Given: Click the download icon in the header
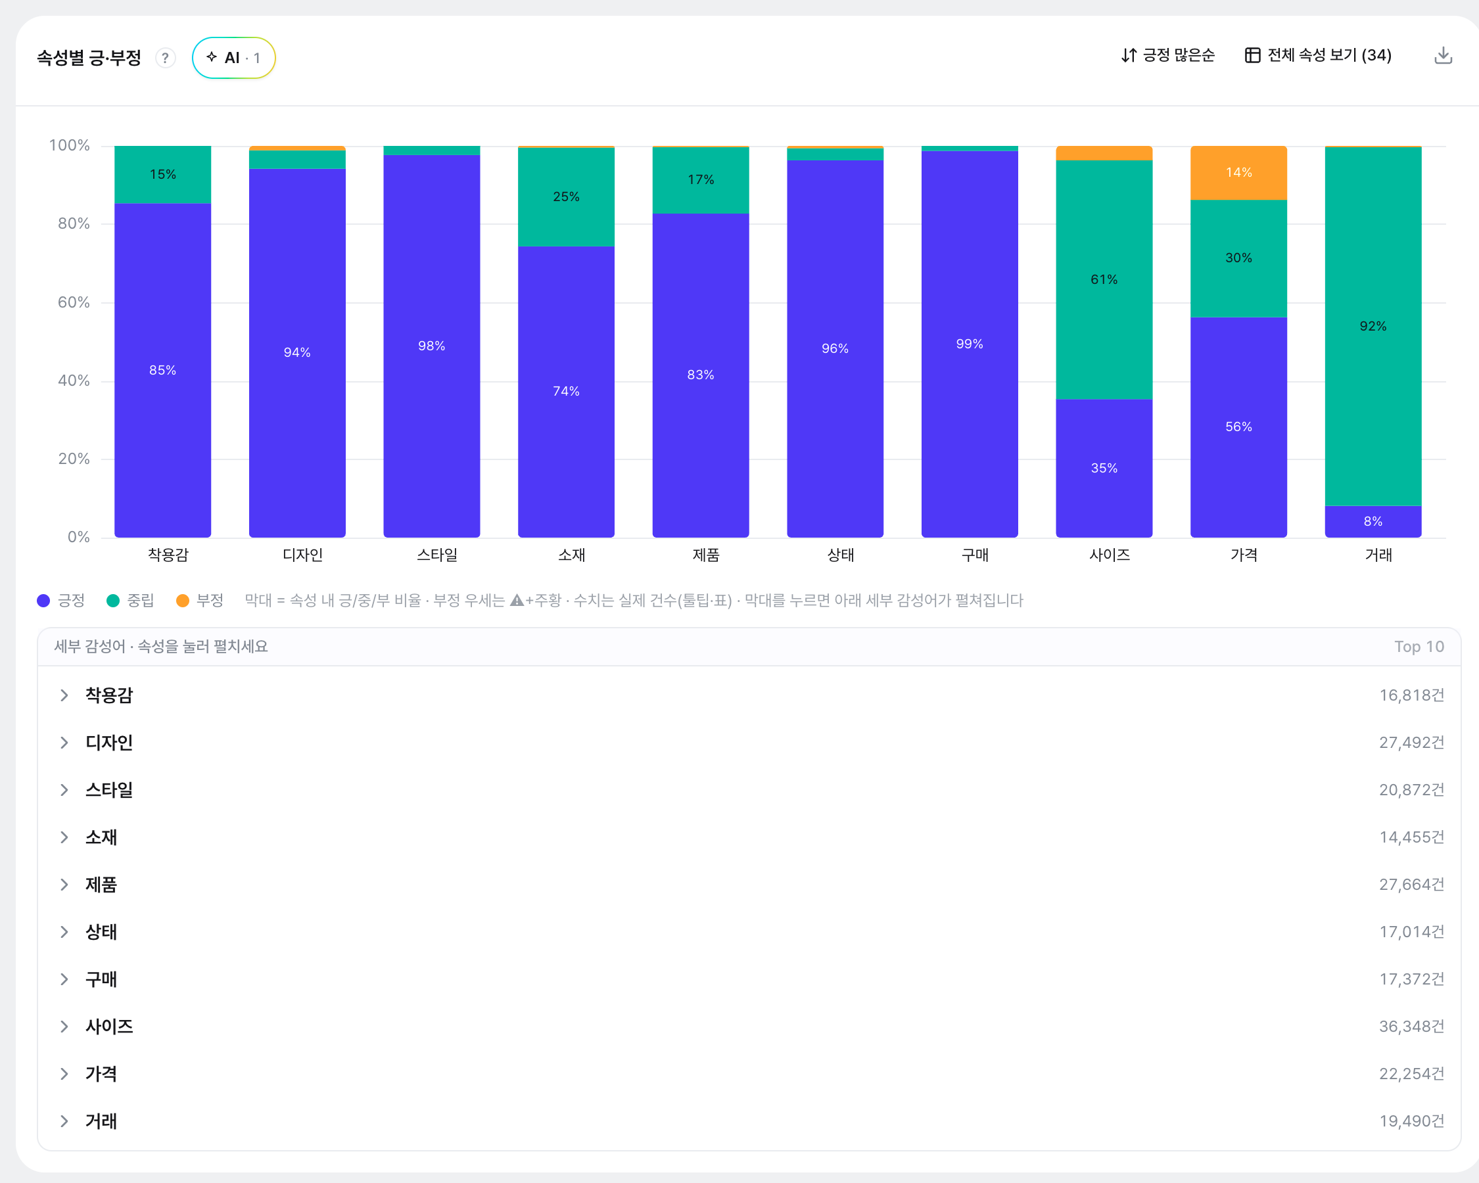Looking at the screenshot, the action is point(1444,56).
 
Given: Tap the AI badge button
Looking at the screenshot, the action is point(233,58).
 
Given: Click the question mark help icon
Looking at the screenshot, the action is point(166,58).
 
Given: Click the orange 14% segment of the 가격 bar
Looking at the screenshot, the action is point(1238,173).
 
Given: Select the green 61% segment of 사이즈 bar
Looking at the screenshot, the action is point(1104,280).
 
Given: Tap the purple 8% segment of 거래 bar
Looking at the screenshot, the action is point(1373,521).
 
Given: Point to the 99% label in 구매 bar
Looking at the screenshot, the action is point(970,344).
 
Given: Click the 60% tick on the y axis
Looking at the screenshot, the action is point(74,302).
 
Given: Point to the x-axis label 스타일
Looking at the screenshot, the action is point(437,555).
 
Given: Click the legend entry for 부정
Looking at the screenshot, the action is point(200,601).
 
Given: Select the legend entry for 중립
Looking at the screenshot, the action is point(130,601).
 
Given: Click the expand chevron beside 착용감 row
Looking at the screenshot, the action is point(64,695).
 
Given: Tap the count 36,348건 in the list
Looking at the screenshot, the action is point(1411,1027).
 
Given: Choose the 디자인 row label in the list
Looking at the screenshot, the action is point(109,743).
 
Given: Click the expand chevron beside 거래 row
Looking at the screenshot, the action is point(64,1121).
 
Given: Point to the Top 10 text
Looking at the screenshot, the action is point(1419,647).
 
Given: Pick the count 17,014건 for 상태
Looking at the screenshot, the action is point(1411,932).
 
